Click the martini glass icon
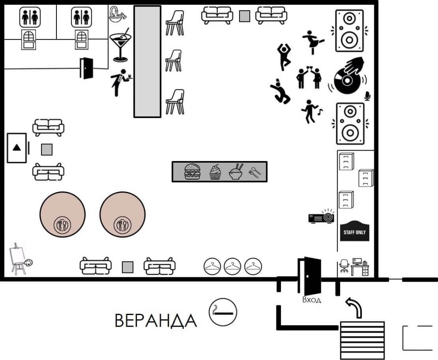pyautogui.click(x=120, y=45)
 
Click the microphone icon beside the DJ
pyautogui.click(x=367, y=96)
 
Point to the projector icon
pyautogui.click(x=322, y=217)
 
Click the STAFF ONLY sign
pyautogui.click(x=355, y=232)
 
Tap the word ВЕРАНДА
pyautogui.click(x=156, y=320)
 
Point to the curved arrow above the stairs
pyautogui.click(x=355, y=307)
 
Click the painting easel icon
pyautogui.click(x=19, y=259)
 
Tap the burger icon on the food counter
pyautogui.click(x=192, y=172)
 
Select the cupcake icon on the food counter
pyautogui.click(x=215, y=172)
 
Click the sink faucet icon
pyautogui.click(x=117, y=15)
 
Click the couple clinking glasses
pyautogui.click(x=309, y=77)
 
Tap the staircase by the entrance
pyautogui.click(x=362, y=339)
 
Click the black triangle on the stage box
pyautogui.click(x=17, y=148)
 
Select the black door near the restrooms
pyautogui.click(x=86, y=68)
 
